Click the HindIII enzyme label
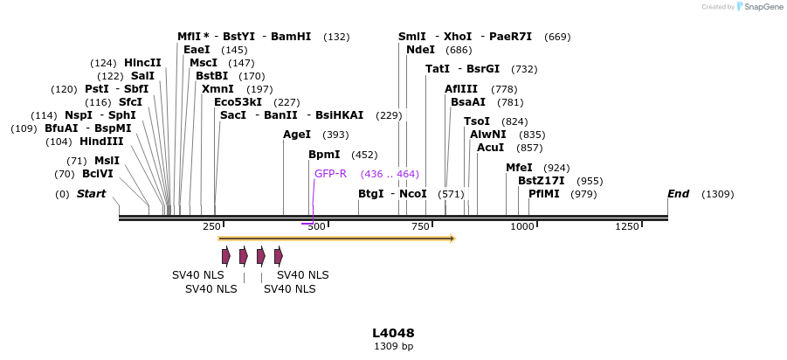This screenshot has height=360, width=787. [101, 141]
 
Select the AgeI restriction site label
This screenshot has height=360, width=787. [297, 135]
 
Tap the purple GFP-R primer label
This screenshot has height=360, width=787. [331, 174]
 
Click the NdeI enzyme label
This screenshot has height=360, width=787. [421, 50]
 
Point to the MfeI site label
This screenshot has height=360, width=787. [519, 168]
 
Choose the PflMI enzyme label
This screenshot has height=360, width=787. [544, 194]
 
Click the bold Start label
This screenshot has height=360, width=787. [91, 194]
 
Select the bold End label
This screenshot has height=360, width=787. [679, 194]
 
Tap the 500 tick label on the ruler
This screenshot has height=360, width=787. [315, 227]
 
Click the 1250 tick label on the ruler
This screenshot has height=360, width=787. [627, 227]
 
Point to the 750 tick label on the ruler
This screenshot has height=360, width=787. [419, 227]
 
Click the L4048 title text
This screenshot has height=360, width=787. [393, 333]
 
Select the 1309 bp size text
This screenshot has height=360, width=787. [393, 347]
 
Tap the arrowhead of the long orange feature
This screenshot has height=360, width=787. [452, 238]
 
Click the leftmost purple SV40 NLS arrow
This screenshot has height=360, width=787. [226, 256]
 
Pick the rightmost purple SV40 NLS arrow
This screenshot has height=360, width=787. [279, 256]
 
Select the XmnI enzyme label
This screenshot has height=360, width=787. [217, 89]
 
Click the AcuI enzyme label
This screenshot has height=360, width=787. [491, 148]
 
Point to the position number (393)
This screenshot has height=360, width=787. [335, 135]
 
